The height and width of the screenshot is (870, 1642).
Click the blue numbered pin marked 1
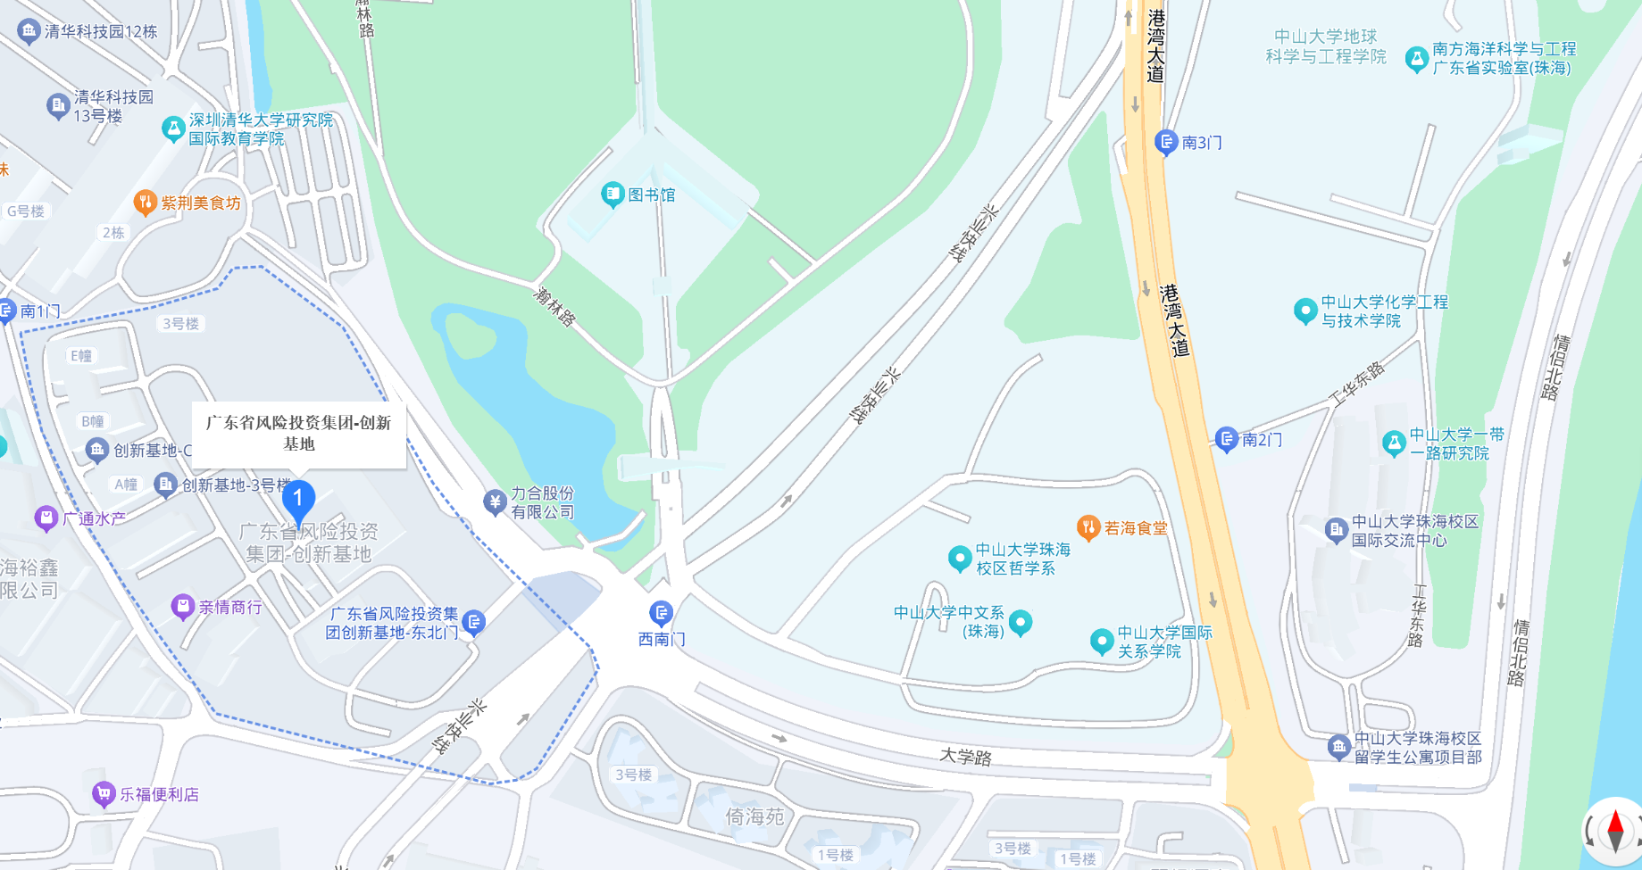click(298, 500)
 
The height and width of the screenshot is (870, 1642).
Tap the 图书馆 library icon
click(613, 194)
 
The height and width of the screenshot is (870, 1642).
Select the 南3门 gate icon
click(1166, 142)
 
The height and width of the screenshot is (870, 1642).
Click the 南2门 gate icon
click(1227, 439)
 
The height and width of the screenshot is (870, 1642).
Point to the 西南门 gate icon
click(661, 613)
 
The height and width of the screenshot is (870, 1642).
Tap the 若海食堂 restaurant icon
click(1088, 527)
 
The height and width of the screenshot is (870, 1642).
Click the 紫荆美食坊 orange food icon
click(145, 203)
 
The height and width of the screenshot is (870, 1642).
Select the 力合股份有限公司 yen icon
click(495, 501)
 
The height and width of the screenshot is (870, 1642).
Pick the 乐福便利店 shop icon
click(104, 793)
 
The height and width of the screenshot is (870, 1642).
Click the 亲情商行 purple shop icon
click(182, 608)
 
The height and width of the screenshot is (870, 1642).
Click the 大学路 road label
click(965, 757)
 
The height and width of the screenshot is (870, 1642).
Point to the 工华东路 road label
click(1357, 385)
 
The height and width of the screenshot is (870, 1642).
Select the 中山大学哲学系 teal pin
click(960, 559)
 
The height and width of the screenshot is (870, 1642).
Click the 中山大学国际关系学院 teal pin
click(1102, 641)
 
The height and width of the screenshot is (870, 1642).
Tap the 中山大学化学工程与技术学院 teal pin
click(1305, 311)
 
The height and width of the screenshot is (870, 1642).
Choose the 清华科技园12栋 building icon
click(29, 32)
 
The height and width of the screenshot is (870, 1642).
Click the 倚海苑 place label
click(754, 816)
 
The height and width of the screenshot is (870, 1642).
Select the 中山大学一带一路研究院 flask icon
click(1394, 443)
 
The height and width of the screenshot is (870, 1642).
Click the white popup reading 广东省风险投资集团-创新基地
click(299, 434)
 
